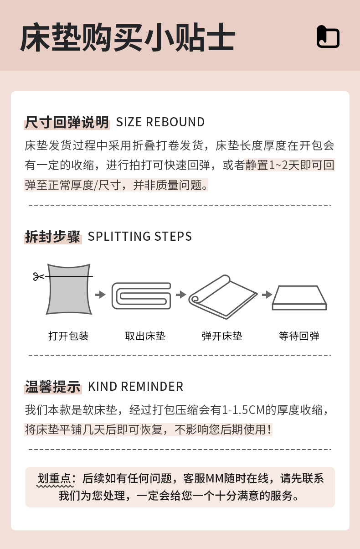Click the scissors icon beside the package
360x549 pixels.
[38, 277]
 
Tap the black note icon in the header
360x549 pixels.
[328, 36]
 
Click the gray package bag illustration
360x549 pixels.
[69, 289]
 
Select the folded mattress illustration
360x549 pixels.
[141, 296]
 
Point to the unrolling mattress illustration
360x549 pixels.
[223, 297]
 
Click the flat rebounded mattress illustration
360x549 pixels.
[299, 298]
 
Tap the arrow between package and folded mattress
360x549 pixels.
[100, 294]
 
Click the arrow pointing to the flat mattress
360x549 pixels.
[267, 294]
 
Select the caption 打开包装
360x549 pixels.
[68, 336]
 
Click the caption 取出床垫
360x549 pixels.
[145, 336]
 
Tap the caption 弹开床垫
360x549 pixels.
[222, 336]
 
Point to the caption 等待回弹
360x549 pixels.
[299, 336]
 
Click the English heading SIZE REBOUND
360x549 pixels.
[160, 122]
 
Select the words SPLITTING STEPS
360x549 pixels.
[140, 237]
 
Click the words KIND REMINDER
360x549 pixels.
[136, 387]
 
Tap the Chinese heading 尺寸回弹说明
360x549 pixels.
[67, 122]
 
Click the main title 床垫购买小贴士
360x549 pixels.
[127, 37]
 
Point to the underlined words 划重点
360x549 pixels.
[54, 479]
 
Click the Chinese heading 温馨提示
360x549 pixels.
[53, 387]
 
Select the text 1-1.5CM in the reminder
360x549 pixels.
[243, 410]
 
